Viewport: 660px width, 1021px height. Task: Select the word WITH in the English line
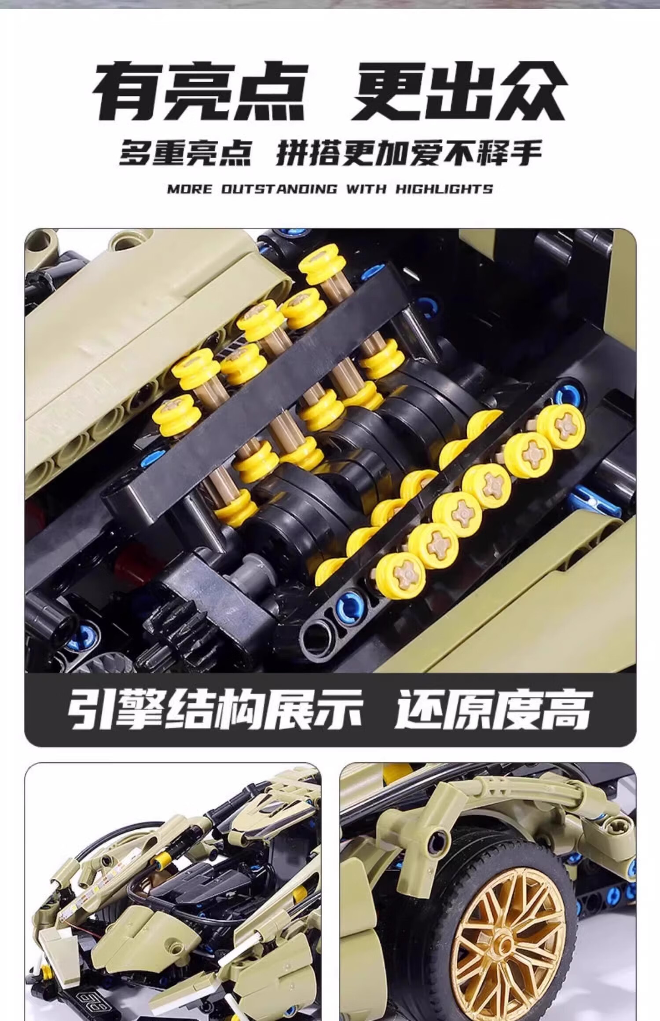click(x=366, y=190)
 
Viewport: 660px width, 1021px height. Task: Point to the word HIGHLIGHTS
click(x=444, y=190)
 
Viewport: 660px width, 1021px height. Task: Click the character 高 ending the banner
click(x=568, y=708)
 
